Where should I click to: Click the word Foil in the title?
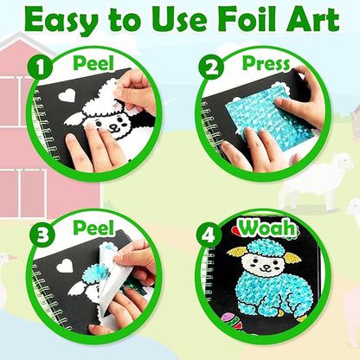[x=236, y=19]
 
